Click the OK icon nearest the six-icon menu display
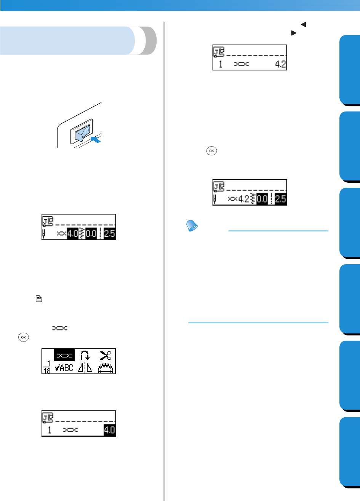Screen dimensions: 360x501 (x=24, y=337)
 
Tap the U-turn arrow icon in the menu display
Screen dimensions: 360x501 (x=85, y=355)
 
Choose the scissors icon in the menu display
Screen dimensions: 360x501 (x=106, y=355)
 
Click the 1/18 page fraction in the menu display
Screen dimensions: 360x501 (x=47, y=368)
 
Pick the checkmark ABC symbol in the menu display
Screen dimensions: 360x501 (x=64, y=368)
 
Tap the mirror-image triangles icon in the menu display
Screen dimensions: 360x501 (x=85, y=368)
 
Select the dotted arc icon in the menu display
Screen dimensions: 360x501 (x=106, y=368)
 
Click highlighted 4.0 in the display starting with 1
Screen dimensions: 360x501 (x=109, y=431)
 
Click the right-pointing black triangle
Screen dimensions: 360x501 (x=294, y=33)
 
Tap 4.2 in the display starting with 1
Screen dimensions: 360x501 (x=280, y=64)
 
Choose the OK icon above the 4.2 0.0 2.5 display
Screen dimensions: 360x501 (x=212, y=151)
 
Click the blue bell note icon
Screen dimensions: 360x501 (x=191, y=227)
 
